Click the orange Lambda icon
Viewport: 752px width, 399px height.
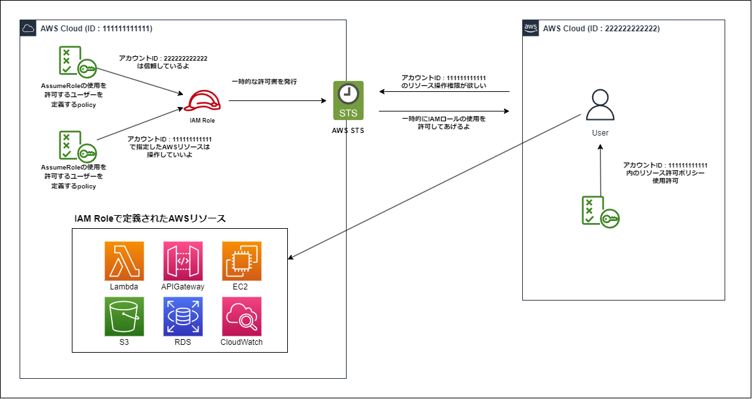point(124,261)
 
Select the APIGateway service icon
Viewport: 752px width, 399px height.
point(183,261)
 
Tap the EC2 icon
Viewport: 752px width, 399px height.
point(242,261)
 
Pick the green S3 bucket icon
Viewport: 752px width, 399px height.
point(124,316)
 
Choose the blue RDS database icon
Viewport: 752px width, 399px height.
point(183,316)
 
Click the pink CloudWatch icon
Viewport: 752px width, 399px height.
point(242,316)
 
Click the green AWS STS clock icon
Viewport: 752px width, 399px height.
point(349,100)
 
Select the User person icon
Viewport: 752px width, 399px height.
point(600,106)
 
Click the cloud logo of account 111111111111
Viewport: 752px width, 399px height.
point(28,28)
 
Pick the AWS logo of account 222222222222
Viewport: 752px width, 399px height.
point(531,28)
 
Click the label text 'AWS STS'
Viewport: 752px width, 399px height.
point(349,130)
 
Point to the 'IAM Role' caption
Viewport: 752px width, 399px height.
point(198,121)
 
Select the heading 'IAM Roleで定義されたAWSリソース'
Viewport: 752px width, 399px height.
point(150,218)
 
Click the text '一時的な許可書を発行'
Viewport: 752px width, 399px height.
point(264,82)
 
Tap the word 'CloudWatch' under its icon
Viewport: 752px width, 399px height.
point(242,342)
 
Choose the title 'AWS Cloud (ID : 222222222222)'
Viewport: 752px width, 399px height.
point(601,29)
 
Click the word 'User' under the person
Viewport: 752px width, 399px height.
point(600,133)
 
